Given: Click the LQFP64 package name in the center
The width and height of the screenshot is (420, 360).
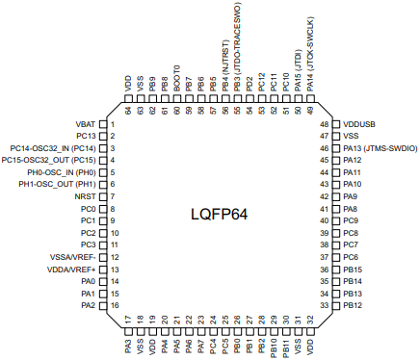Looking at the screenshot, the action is [220, 215].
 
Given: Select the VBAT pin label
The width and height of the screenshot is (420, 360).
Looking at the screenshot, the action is [86, 124].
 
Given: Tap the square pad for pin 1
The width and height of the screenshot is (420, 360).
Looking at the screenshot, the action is [103, 124].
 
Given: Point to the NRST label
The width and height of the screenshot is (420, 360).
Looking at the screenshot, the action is [85, 196].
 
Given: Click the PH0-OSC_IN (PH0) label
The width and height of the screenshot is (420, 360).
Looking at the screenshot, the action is [62, 172].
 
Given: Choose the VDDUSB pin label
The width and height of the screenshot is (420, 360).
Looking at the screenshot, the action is [359, 124].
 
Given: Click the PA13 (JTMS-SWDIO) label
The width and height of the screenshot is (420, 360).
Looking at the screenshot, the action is [381, 148].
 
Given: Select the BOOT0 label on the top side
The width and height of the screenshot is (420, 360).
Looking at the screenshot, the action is [177, 79].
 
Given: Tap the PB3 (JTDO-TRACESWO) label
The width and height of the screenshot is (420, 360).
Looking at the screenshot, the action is [237, 47].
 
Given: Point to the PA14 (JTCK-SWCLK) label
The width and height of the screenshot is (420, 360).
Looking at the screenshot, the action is [310, 54].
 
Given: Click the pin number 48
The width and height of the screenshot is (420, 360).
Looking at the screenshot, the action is [325, 124].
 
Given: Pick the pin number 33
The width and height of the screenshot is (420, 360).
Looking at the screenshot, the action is [325, 305].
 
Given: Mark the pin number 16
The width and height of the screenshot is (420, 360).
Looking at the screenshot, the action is [115, 305].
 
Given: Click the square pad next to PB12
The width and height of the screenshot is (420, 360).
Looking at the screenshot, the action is [336, 305].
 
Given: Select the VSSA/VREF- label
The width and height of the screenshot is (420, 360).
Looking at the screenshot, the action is [73, 257].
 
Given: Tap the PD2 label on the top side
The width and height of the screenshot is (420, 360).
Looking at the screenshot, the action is [249, 84].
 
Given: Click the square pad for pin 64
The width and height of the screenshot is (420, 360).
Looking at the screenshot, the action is [128, 98].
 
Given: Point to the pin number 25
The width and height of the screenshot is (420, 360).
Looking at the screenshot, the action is [225, 320].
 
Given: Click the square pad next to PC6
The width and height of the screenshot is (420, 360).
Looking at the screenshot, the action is [336, 257].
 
